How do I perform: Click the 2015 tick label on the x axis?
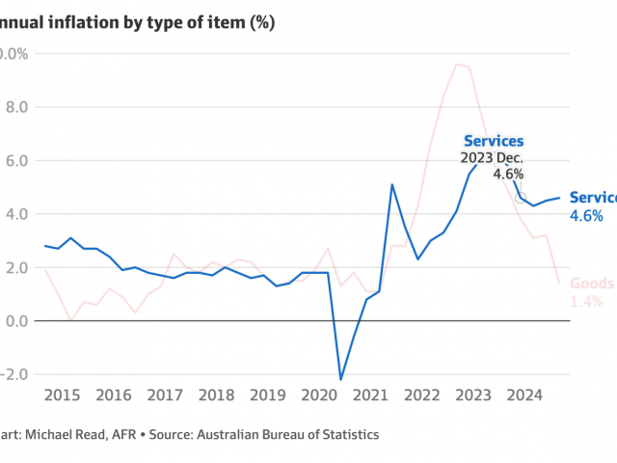[61, 395]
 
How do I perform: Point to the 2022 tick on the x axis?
[421, 395]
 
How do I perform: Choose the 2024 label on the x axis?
[524, 395]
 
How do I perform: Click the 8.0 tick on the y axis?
[13, 107]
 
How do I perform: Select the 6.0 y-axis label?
[13, 160]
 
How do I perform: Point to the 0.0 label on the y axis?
[13, 320]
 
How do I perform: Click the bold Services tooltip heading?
[494, 142]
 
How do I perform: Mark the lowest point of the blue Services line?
[340, 379]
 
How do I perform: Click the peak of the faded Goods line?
[456, 65]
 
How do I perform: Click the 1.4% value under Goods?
[586, 302]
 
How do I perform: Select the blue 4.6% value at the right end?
[586, 216]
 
